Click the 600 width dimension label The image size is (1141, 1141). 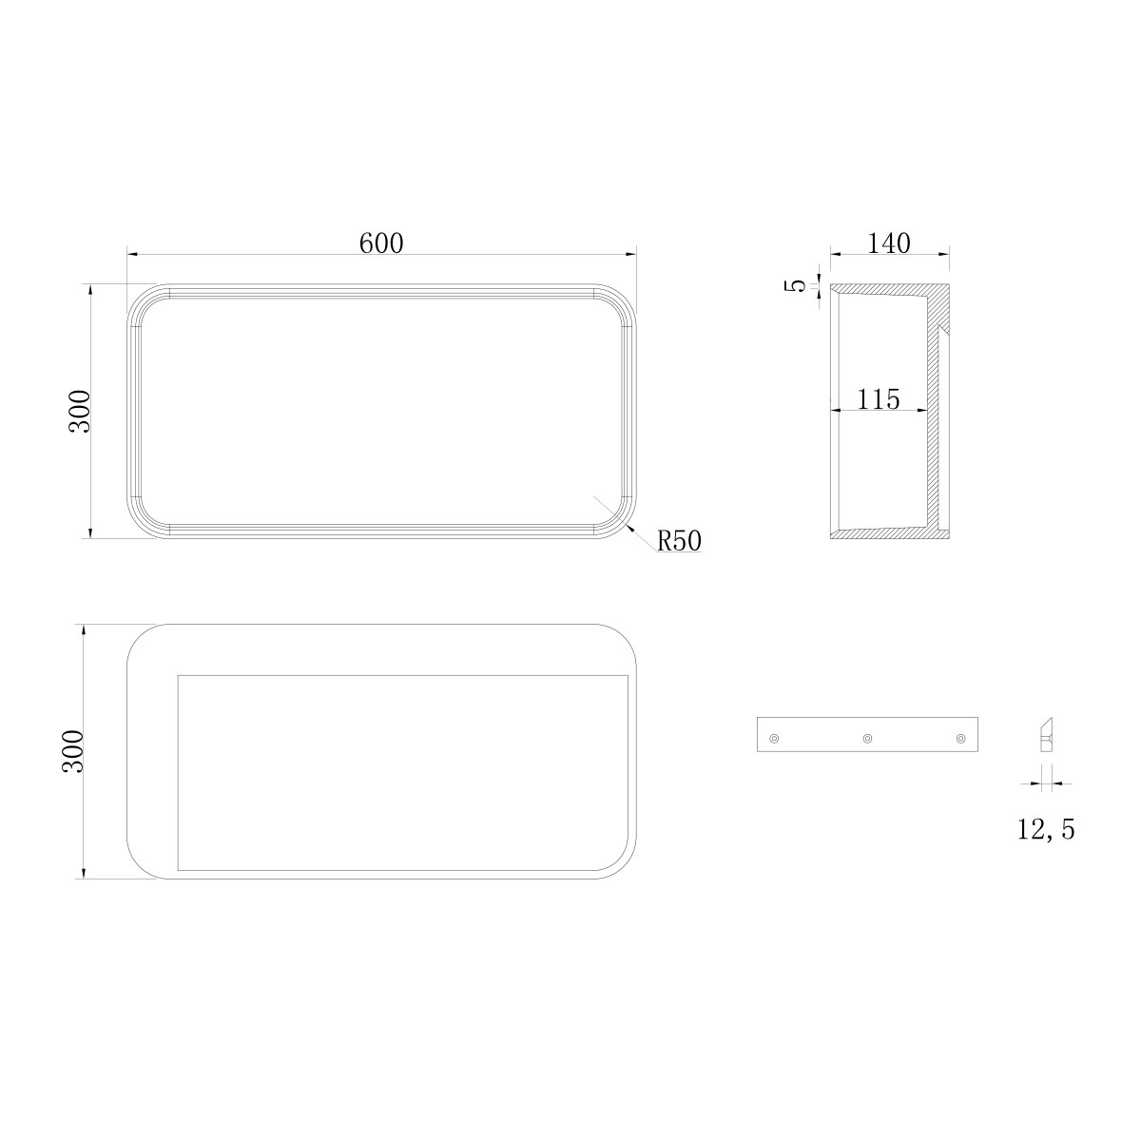pos(381,242)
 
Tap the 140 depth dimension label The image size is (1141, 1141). pos(889,242)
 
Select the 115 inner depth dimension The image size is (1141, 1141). pos(879,399)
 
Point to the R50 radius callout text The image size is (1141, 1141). pos(679,540)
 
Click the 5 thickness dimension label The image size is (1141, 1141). pos(799,285)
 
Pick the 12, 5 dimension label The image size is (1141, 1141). pos(1046,829)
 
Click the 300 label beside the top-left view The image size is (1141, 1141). pos(80,411)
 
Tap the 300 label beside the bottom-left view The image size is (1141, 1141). pos(74,751)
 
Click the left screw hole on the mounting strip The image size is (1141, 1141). pos(773,739)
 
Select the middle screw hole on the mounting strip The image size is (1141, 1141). pos(867,739)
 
